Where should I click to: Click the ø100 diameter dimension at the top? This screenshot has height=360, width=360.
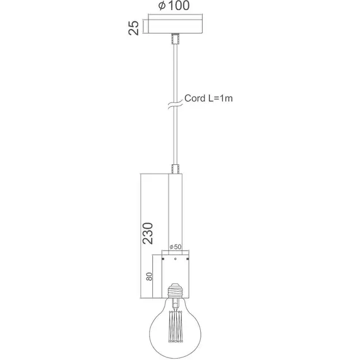click(x=175, y=7)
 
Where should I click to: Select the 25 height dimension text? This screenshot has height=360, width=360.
click(x=133, y=27)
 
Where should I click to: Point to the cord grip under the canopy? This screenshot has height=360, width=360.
click(x=176, y=39)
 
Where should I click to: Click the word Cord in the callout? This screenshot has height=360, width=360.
click(x=195, y=99)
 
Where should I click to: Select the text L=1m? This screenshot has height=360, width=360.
click(x=222, y=99)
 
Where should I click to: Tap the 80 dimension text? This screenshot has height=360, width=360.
click(x=149, y=275)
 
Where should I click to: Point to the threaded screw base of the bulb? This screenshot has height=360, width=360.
click(x=176, y=291)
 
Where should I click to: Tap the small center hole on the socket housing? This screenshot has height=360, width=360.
click(x=176, y=258)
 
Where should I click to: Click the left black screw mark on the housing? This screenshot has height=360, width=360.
click(x=164, y=258)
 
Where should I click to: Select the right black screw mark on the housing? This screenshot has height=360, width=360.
click(x=188, y=258)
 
